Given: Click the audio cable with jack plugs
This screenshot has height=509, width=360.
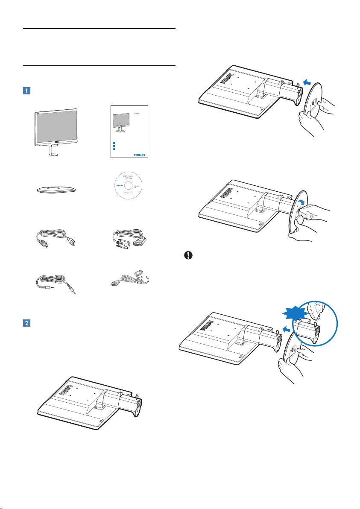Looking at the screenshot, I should click(56, 284).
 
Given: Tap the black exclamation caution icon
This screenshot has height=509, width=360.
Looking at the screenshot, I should click(187, 255).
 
